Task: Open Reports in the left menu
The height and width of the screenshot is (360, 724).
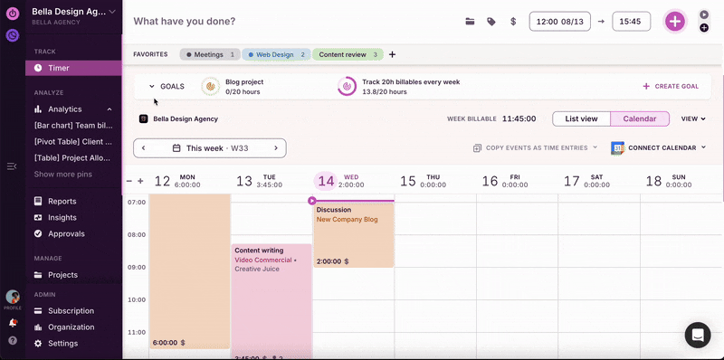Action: tap(62, 201)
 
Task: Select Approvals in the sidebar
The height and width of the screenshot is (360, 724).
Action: tap(66, 233)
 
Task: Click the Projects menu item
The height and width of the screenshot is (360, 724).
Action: tap(62, 275)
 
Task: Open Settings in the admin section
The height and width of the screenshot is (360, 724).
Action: tap(62, 344)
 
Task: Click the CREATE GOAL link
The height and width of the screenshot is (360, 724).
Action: tap(671, 87)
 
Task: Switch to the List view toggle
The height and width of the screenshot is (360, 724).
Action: tap(581, 118)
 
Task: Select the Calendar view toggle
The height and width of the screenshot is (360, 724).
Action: tap(640, 118)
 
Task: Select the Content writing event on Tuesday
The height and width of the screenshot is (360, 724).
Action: tap(271, 298)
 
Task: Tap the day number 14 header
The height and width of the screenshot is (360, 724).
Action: tap(326, 181)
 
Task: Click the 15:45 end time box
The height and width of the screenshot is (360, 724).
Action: tap(631, 21)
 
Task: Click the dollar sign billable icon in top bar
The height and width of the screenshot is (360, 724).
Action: tap(513, 21)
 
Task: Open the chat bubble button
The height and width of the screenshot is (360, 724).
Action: tap(698, 335)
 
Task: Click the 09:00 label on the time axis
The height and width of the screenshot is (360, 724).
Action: tap(137, 268)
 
